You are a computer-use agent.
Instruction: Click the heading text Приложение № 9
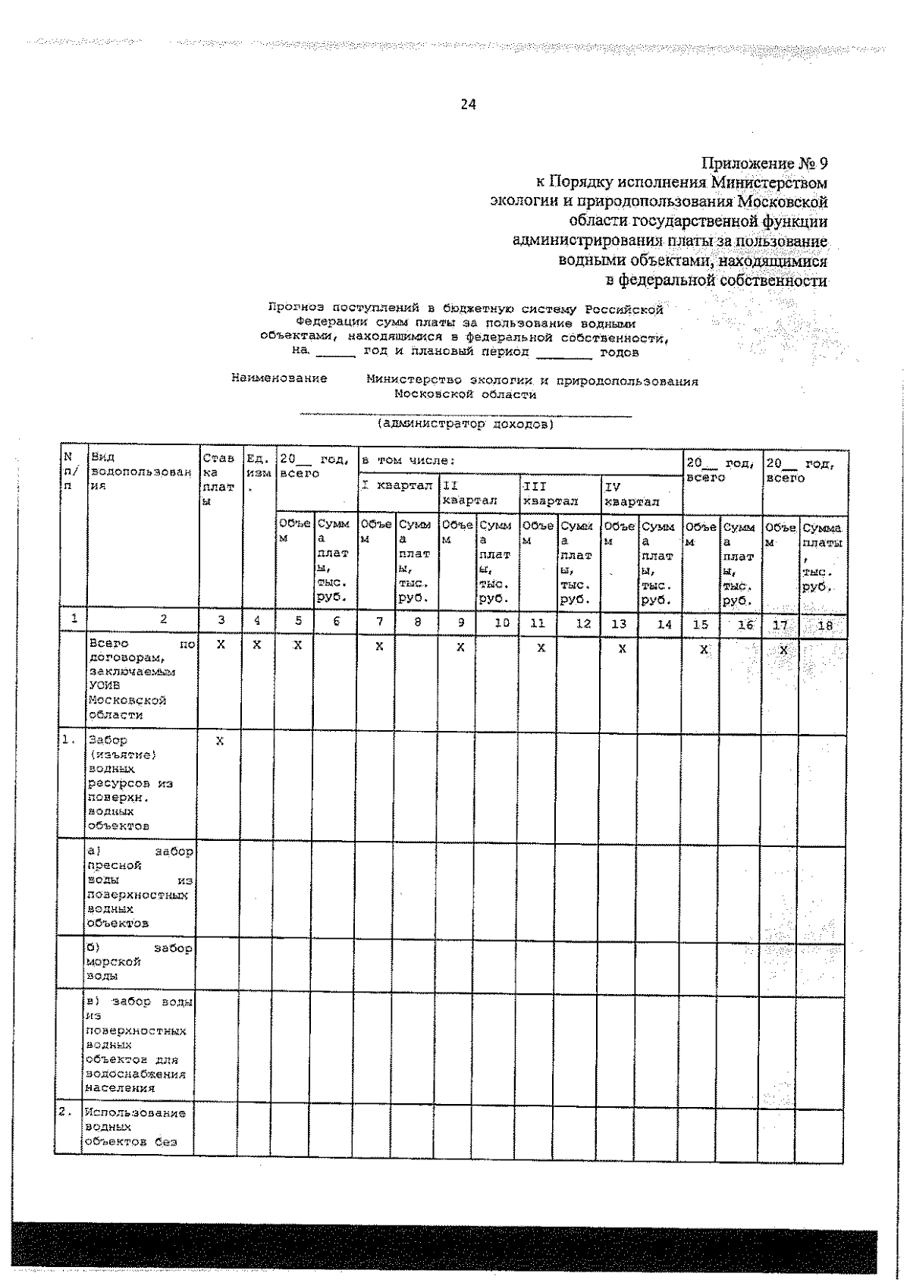click(764, 163)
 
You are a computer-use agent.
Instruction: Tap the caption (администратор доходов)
click(466, 424)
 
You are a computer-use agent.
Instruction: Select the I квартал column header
click(396, 485)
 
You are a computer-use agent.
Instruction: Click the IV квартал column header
click(631, 493)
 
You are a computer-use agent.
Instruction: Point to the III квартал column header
click(550, 493)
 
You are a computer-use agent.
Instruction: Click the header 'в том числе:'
click(408, 460)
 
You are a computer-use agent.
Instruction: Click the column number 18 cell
click(824, 626)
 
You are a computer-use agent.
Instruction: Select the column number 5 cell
click(298, 620)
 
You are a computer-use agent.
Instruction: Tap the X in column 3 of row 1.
click(220, 741)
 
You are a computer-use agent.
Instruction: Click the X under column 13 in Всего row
click(622, 649)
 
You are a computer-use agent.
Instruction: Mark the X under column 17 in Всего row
click(783, 651)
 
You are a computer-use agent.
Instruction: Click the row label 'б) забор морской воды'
click(139, 961)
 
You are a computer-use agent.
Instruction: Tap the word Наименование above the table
click(279, 378)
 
